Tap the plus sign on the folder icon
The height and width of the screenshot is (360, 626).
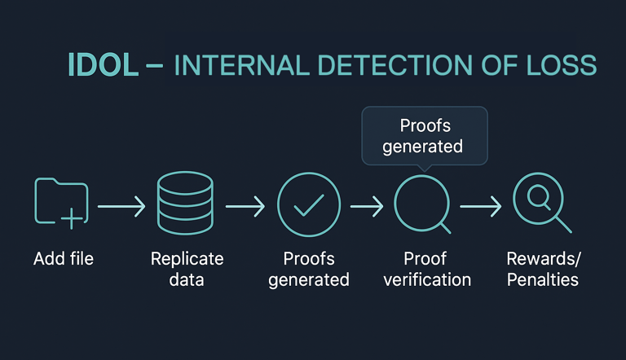pyautogui.click(x=73, y=217)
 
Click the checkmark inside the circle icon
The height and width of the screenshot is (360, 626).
pyautogui.click(x=309, y=206)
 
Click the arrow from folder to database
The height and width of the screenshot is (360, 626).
pyautogui.click(x=121, y=207)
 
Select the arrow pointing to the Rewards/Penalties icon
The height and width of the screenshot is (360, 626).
pyautogui.click(x=480, y=207)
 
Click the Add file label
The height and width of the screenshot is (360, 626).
pyautogui.click(x=64, y=259)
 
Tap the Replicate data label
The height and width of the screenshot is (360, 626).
pyautogui.click(x=187, y=269)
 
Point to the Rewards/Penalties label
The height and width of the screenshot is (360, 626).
pyautogui.click(x=542, y=269)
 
